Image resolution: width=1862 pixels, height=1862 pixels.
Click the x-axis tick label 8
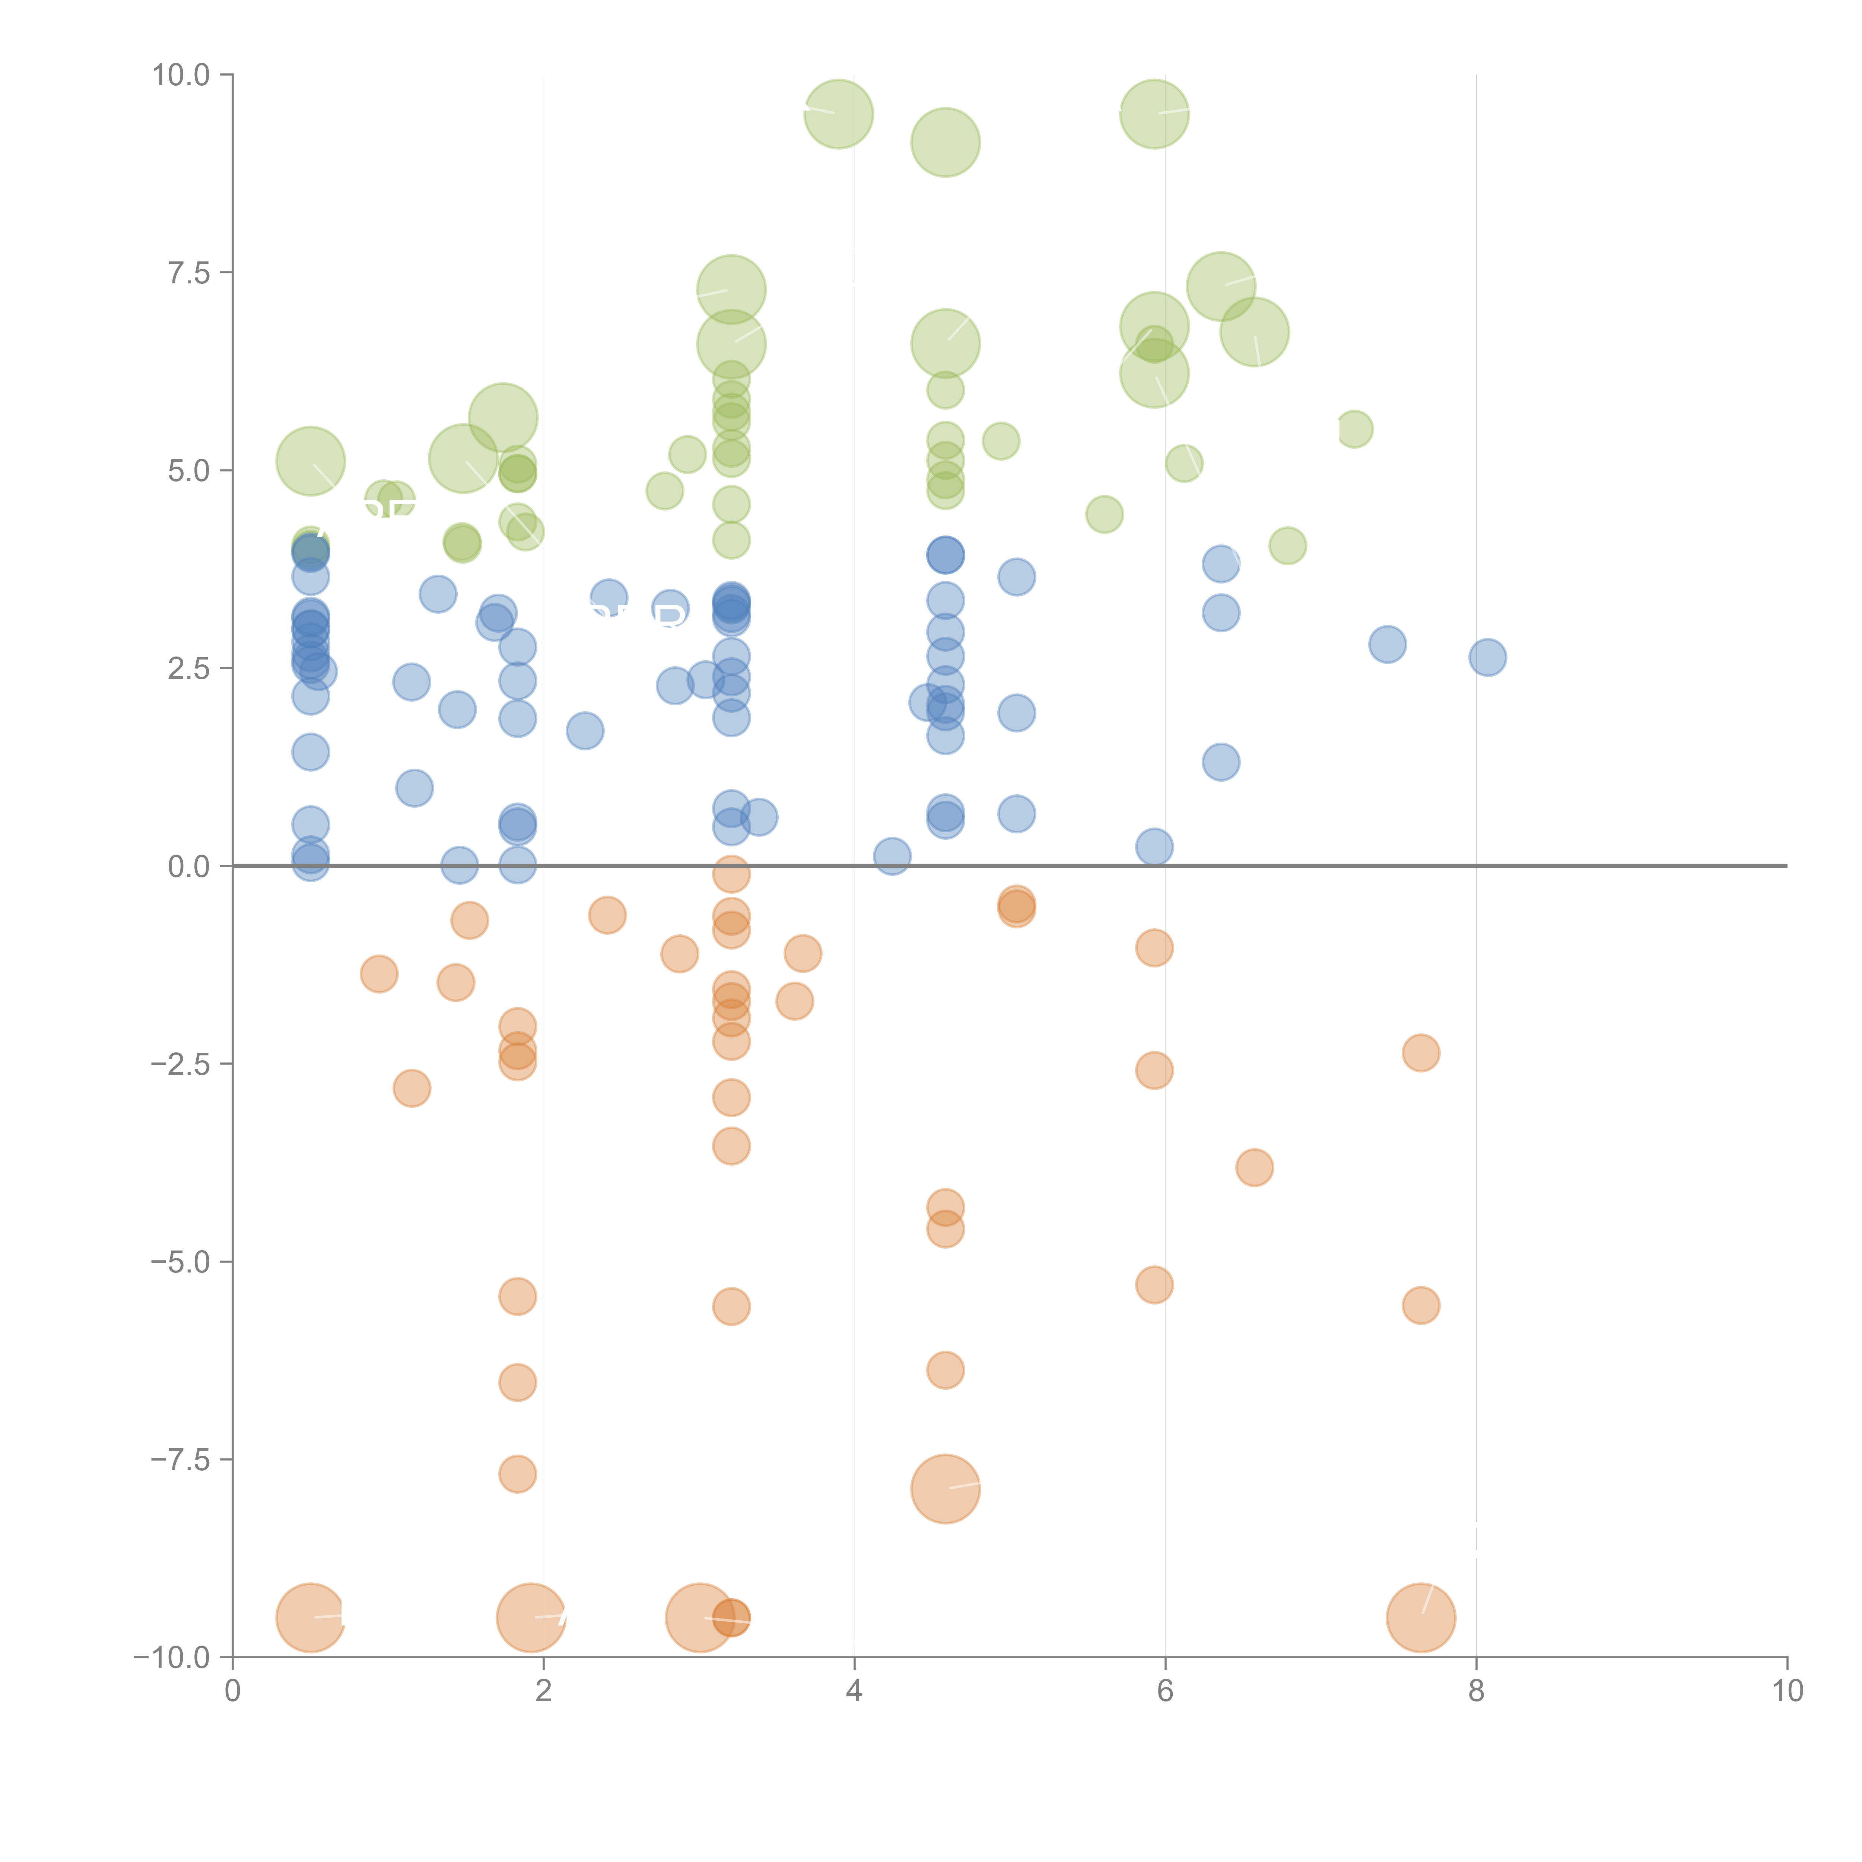pyautogui.click(x=1475, y=1691)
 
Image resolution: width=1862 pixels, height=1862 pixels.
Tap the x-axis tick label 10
pyautogui.click(x=1787, y=1691)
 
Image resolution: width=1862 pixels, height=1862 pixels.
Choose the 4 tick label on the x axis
pyautogui.click(x=854, y=1691)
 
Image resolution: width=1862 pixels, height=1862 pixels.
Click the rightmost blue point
pyautogui.click(x=1487, y=657)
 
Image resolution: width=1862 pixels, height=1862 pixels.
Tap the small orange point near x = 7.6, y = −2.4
pyautogui.click(x=1421, y=1052)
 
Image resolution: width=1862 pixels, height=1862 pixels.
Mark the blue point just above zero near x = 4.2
pyautogui.click(x=892, y=855)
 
